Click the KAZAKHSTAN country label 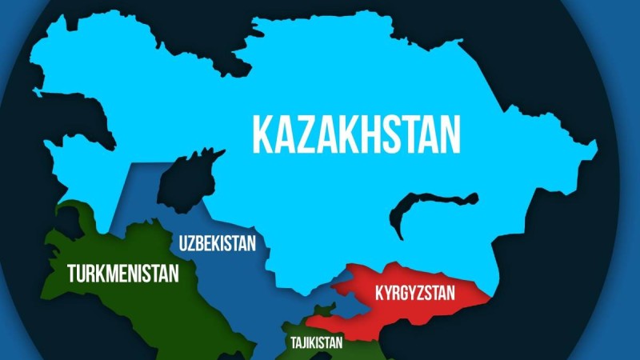tap(357, 133)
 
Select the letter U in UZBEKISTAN tap(184, 243)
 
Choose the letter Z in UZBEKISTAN tap(193, 243)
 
